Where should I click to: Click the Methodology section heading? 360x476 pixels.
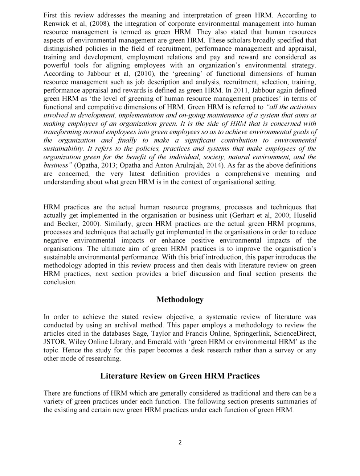(180, 300)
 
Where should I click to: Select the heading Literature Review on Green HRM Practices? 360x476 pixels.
(180, 376)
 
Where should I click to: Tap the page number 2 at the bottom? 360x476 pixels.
(180, 442)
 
